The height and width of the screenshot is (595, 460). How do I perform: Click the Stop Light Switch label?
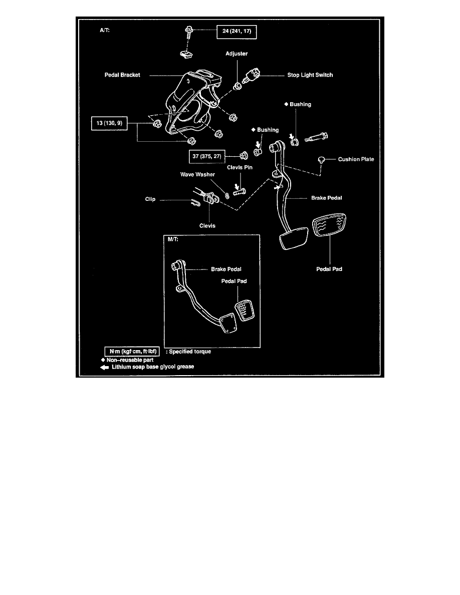click(310, 75)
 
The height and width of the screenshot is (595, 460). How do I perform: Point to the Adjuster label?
click(237, 53)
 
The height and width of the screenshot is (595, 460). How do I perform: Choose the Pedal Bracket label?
click(123, 75)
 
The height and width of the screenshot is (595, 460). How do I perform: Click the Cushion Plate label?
click(356, 159)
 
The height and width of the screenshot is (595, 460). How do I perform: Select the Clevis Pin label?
click(240, 168)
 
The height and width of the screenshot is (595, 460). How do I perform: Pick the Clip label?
click(149, 199)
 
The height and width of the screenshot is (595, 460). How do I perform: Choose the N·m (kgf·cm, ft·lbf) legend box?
click(132, 352)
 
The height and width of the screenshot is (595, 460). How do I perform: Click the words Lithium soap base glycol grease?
click(153, 367)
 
